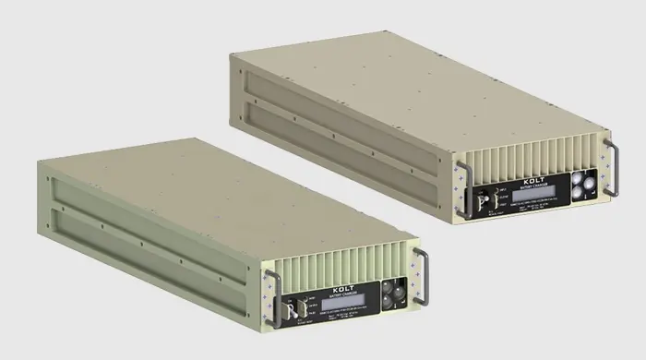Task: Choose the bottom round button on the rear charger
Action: [x=581, y=194]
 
